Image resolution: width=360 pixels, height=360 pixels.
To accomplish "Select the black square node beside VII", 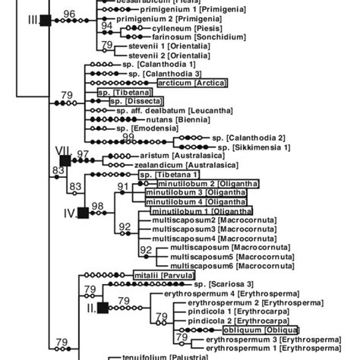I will point(65,159).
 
